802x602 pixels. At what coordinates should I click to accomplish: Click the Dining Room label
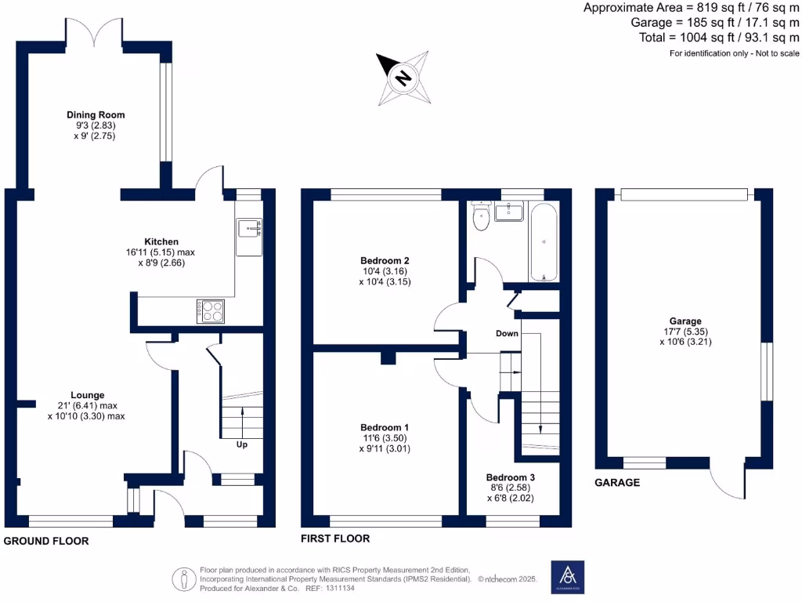click(96, 115)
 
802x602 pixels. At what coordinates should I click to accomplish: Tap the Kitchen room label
click(161, 241)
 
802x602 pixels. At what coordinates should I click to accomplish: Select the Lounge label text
click(87, 395)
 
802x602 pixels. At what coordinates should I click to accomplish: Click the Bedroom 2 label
click(385, 260)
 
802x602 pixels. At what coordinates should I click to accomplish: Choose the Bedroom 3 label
click(511, 477)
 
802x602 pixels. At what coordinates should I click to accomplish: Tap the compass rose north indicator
click(403, 78)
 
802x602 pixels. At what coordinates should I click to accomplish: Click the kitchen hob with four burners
click(211, 311)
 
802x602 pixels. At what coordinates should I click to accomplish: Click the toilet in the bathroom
click(482, 219)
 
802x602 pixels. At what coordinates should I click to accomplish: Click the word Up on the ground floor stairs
click(243, 444)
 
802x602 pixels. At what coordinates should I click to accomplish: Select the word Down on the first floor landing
click(508, 333)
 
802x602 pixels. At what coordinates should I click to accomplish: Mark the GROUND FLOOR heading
click(46, 541)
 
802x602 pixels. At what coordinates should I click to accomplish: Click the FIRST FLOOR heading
click(335, 539)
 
